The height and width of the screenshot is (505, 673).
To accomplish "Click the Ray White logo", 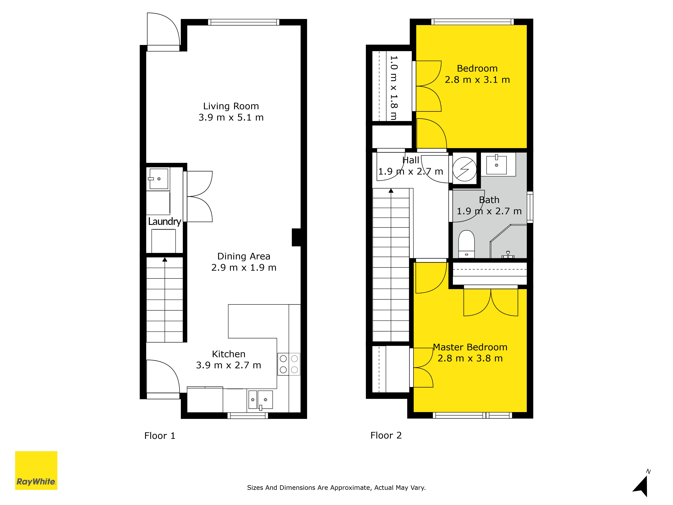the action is point(36,470).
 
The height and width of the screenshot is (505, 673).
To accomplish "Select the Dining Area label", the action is point(244,256).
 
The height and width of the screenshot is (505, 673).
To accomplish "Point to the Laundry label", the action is point(165,221).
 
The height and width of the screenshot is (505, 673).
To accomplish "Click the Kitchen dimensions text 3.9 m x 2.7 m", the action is point(228,365).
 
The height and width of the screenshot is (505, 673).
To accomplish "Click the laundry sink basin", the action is point(158,179).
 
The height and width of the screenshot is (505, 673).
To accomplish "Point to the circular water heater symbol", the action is point(465,169).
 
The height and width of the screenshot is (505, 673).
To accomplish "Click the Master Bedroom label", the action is point(470,347).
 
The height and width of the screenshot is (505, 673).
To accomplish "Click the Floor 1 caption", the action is point(160,436).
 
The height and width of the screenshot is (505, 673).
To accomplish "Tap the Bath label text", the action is point(489,200).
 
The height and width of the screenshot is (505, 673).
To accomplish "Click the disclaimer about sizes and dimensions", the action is point(336,488).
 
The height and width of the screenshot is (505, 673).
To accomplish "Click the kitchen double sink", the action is point(261,400).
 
